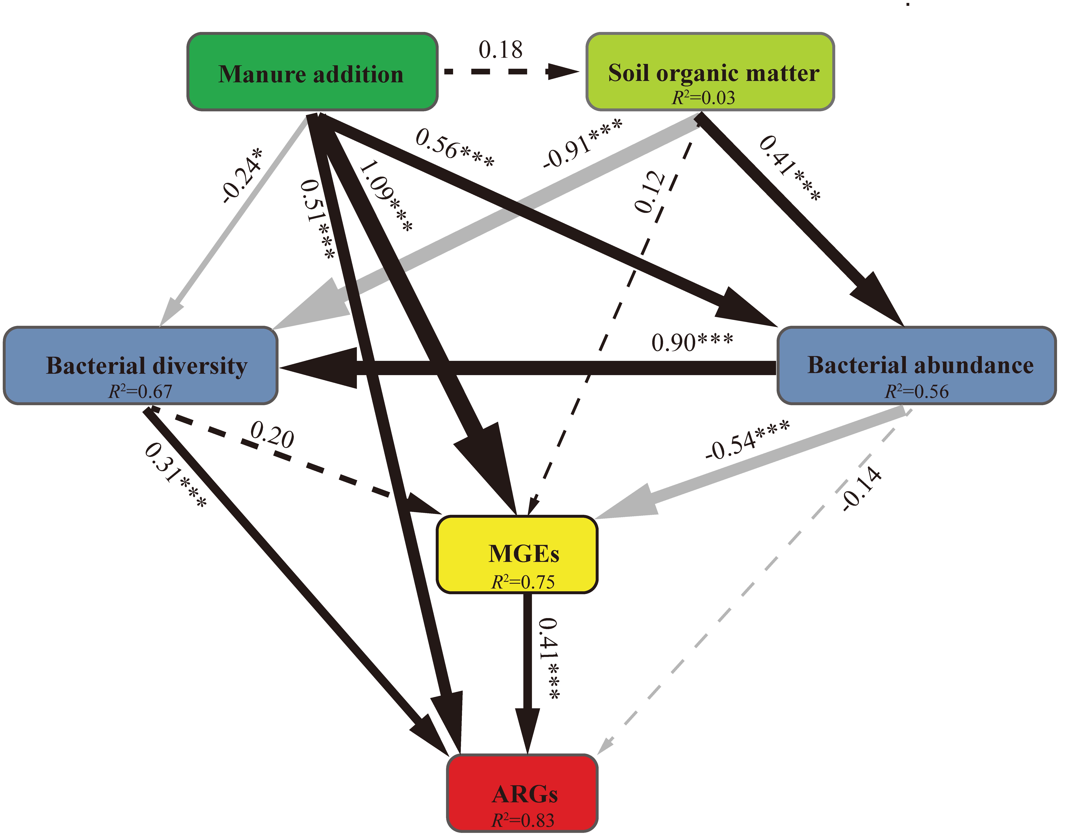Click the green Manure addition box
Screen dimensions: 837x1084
[x=312, y=72]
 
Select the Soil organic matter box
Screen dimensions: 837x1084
[x=710, y=72]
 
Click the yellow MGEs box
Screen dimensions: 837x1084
[x=517, y=555]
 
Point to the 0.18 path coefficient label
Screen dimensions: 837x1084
[x=500, y=50]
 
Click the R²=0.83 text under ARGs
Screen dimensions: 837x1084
[x=523, y=820]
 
